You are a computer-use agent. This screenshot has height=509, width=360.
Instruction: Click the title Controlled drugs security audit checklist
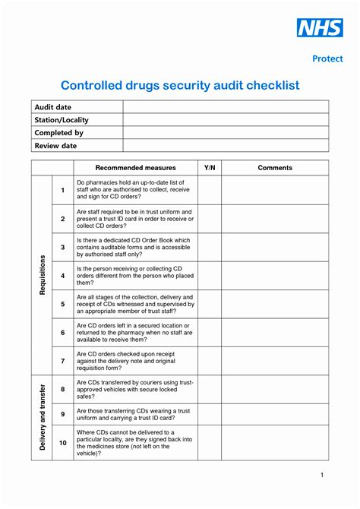180,85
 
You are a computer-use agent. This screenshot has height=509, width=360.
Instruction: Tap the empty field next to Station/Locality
226,120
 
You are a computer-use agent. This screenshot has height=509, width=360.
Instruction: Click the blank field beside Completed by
226,133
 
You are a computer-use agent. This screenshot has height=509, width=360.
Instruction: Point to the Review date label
56,145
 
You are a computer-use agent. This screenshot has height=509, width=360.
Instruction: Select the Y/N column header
210,167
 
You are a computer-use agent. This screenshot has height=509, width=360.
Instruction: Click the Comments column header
275,167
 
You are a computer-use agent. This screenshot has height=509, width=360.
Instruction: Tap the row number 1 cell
63,190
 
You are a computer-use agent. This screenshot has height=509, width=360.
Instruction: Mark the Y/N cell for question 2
210,219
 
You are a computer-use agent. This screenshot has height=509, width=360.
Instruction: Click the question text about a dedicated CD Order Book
135,247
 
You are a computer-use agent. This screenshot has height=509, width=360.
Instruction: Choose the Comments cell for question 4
275,275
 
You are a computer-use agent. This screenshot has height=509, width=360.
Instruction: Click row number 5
63,304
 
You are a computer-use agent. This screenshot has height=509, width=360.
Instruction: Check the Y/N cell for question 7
210,360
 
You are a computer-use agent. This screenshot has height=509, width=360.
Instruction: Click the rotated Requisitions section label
43,275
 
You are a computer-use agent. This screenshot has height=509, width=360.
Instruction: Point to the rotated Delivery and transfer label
43,418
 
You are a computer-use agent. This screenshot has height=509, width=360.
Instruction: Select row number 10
63,442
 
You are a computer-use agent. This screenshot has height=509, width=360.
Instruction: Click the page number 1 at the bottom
322,475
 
